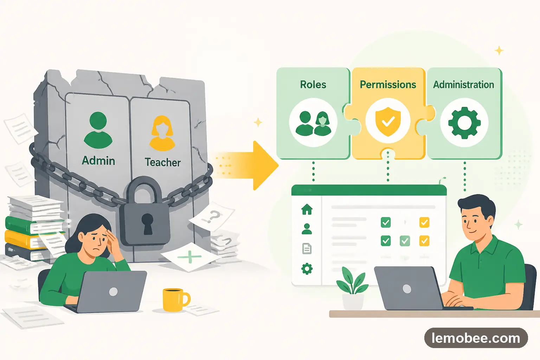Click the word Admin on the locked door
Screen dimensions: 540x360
98,161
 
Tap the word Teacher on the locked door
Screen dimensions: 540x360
162,162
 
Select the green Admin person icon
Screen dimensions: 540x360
98,130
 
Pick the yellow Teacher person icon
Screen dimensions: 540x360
162,133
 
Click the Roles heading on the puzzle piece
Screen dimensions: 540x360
313,85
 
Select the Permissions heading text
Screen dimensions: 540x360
388,85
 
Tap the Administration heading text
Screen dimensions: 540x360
463,85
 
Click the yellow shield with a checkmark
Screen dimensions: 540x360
388,122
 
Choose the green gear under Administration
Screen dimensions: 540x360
464,122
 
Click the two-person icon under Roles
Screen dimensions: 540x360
313,123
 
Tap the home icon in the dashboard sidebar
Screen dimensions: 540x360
307,209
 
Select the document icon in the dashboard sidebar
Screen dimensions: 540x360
307,249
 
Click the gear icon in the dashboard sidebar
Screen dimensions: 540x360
307,269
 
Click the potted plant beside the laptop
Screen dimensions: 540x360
353,288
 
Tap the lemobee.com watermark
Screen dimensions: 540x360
476,338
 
